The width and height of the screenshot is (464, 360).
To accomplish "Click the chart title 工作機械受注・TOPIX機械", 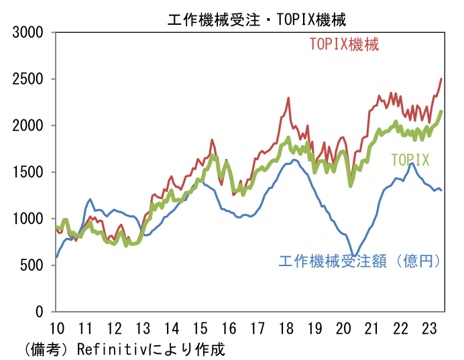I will [257, 19].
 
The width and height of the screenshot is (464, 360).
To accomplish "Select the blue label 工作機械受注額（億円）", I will [359, 261].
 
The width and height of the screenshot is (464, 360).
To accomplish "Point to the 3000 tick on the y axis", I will [29, 32].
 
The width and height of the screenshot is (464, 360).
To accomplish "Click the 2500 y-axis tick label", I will [29, 79].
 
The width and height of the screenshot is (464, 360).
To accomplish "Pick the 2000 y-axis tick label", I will [29, 125].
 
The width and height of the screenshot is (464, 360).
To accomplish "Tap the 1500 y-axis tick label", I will [29, 172].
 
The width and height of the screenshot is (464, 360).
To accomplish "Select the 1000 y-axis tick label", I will [29, 219].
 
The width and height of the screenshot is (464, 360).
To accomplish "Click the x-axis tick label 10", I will [56, 328].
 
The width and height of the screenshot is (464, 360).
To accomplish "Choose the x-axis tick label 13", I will [143, 328].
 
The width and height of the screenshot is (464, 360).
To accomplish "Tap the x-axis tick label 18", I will [286, 328].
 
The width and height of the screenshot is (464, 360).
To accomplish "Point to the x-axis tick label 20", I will [343, 328].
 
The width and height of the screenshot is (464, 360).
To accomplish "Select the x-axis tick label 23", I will [429, 328].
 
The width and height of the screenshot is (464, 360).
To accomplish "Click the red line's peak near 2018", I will [288, 98].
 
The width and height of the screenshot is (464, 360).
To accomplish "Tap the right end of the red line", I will [441, 79].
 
